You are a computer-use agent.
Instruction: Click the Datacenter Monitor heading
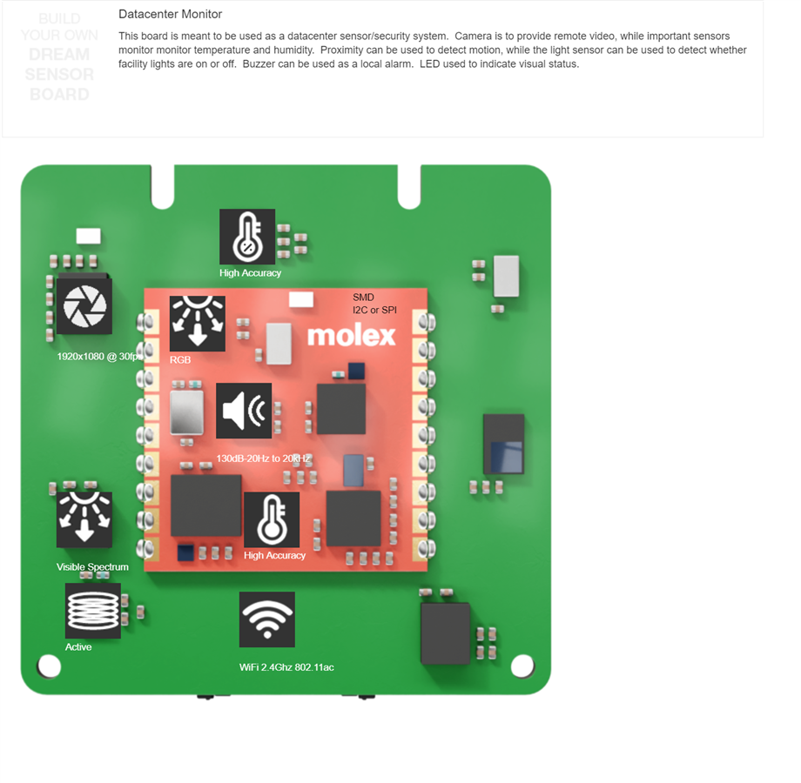click(170, 15)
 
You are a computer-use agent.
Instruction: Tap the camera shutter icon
click(84, 305)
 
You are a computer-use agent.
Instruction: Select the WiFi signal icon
click(267, 619)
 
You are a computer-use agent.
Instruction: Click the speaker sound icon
click(244, 411)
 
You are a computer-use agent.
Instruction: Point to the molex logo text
click(351, 336)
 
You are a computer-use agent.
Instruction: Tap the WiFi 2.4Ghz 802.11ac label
click(286, 667)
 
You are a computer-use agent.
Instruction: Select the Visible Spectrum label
click(92, 567)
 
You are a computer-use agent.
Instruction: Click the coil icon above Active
click(93, 610)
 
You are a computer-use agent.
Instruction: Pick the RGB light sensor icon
click(198, 323)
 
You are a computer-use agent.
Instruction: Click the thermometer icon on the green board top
click(247, 237)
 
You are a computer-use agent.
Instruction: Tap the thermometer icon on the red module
click(272, 519)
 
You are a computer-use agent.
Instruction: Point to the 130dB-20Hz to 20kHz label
click(263, 458)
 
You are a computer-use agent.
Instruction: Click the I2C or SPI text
click(374, 311)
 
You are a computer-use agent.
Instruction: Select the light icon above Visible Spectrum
click(84, 519)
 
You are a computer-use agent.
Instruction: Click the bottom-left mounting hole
click(50, 666)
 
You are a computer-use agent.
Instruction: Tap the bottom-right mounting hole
click(522, 666)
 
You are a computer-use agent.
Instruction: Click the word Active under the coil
click(78, 647)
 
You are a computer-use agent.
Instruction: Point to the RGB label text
click(180, 359)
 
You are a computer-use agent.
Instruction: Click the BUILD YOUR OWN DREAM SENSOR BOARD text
click(59, 57)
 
